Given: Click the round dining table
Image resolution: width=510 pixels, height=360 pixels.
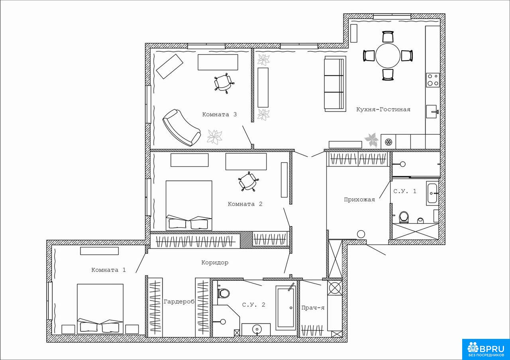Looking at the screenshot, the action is point(388,56).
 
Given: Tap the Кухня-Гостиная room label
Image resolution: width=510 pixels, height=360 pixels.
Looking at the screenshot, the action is point(383,110).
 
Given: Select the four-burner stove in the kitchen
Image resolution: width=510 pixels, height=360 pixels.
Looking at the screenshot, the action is point(433,80).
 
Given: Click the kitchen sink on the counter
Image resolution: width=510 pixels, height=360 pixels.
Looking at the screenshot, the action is point(432,112).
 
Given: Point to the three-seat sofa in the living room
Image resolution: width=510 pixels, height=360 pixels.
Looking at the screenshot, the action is point(335,84).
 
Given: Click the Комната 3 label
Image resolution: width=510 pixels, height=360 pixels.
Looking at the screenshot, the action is point(220,114).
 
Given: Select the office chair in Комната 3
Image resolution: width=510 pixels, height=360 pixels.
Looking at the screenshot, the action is point(224,83).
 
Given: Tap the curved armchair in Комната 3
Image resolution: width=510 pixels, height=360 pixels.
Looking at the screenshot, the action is point(181,127).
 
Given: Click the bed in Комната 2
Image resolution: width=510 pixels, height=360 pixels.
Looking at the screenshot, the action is point(189,205).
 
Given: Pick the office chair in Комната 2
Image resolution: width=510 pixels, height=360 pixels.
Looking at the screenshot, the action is point(248,181).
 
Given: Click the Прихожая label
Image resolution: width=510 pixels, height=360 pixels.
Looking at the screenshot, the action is point(359,200).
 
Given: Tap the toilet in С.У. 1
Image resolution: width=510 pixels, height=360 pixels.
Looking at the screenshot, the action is point(404,217).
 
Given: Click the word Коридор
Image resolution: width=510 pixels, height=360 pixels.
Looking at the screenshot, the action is point(215,262).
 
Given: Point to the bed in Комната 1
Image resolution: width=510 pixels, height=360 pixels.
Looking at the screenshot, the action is point(100,309).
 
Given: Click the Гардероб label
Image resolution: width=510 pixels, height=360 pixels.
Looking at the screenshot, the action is point(179,302).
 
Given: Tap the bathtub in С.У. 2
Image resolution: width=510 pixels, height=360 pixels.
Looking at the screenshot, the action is point(286,308).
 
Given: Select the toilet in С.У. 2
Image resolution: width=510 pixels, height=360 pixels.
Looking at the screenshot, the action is point(223,293).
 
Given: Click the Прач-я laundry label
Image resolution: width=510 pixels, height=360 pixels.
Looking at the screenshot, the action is point(313,308).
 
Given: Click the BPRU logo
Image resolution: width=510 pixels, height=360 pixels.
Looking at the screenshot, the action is point(486,349).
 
